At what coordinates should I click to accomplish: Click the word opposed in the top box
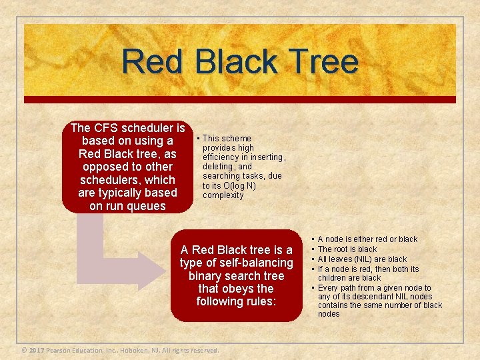click(x=103, y=167)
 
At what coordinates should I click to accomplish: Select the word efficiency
click(x=223, y=157)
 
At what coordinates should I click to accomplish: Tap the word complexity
click(x=223, y=195)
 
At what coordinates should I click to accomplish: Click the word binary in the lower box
click(x=208, y=276)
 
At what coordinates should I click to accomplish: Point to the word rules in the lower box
click(x=259, y=301)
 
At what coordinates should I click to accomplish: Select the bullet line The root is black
click(x=347, y=249)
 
